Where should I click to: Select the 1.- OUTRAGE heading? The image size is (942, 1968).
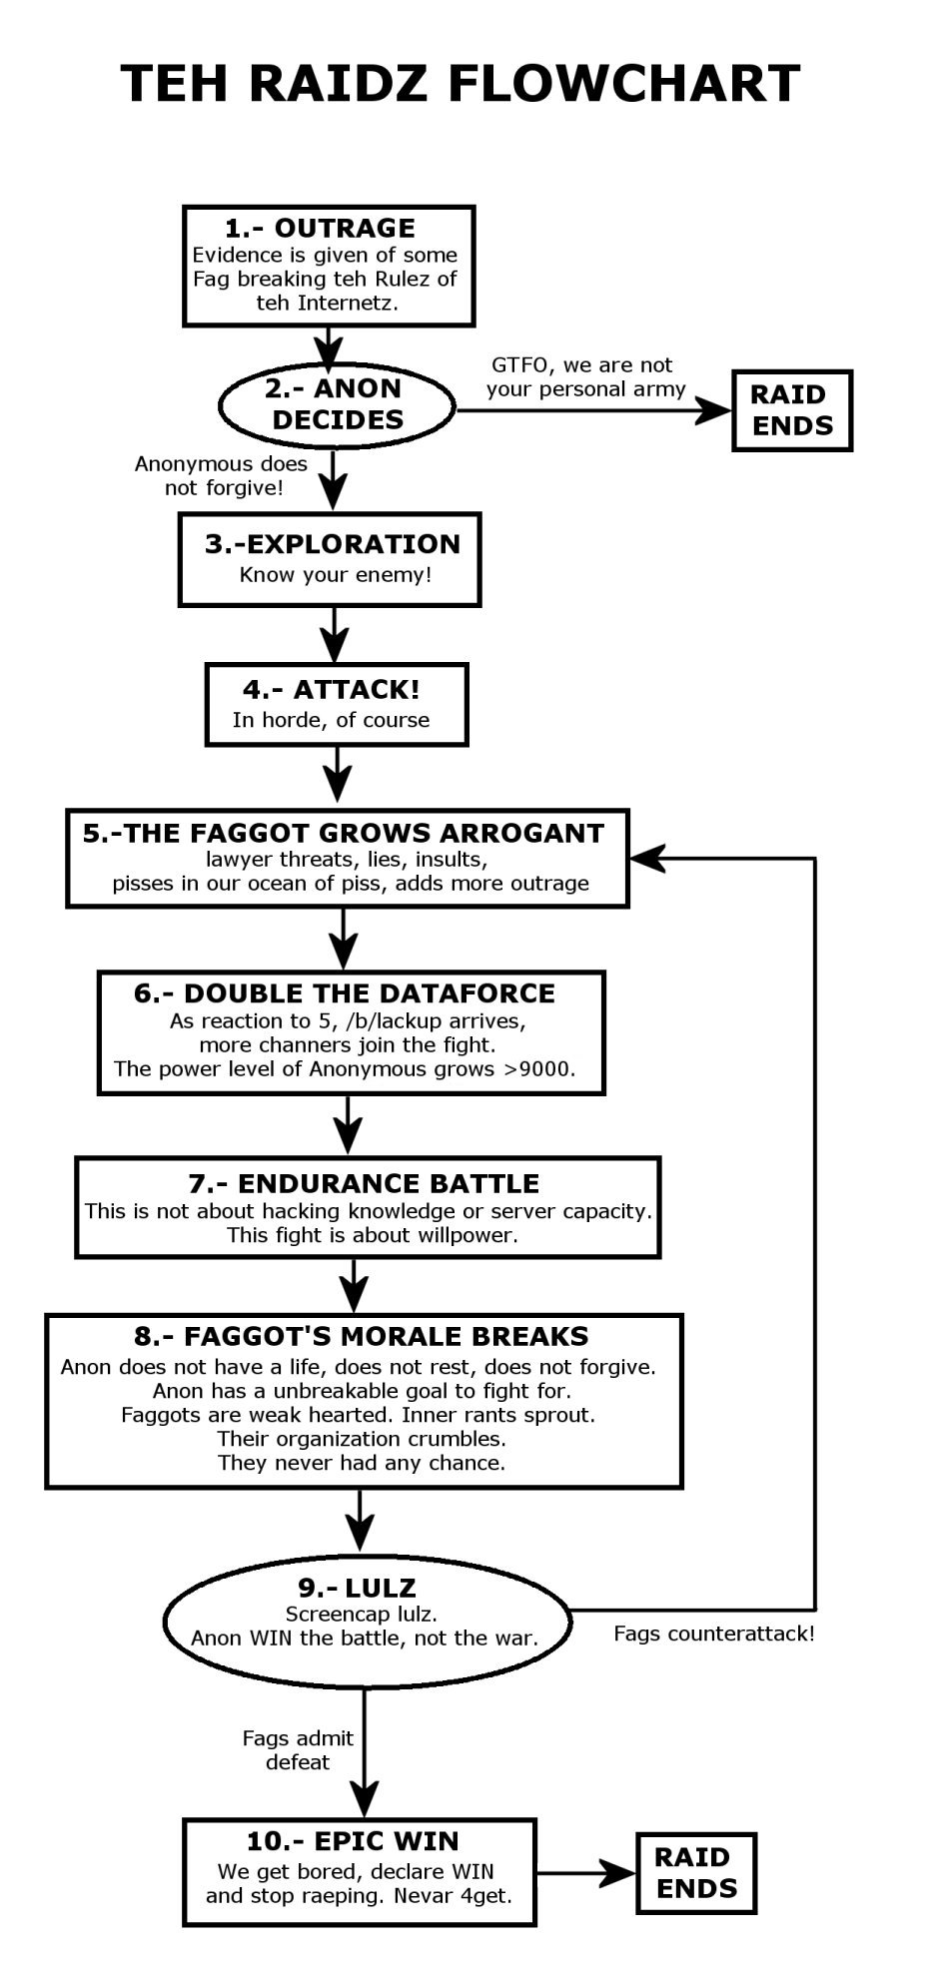(x=320, y=228)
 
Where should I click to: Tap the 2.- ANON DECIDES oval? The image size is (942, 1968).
(x=337, y=404)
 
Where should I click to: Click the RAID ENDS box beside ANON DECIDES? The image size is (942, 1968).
(x=792, y=410)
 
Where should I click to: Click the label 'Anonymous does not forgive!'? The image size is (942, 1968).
(x=222, y=475)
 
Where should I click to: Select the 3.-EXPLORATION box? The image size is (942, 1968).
(x=330, y=559)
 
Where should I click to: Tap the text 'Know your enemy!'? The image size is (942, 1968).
(x=336, y=574)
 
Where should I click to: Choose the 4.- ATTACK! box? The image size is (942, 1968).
(x=337, y=704)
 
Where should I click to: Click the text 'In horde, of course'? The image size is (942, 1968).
(x=331, y=720)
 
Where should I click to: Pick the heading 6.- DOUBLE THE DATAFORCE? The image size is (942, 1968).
(x=345, y=993)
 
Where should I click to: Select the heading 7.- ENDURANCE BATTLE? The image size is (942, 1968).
(x=364, y=1183)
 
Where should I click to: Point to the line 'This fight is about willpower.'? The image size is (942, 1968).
(x=373, y=1235)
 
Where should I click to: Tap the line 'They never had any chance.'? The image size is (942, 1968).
(x=362, y=1463)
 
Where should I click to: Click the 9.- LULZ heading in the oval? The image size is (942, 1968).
(x=357, y=1588)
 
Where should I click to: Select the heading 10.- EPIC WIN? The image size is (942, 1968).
(x=353, y=1840)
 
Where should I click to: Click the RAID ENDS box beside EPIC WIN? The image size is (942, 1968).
(x=697, y=1873)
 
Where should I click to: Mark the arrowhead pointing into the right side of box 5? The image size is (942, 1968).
(x=647, y=858)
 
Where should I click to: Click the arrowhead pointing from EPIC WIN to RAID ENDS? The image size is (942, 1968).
(x=619, y=1873)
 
